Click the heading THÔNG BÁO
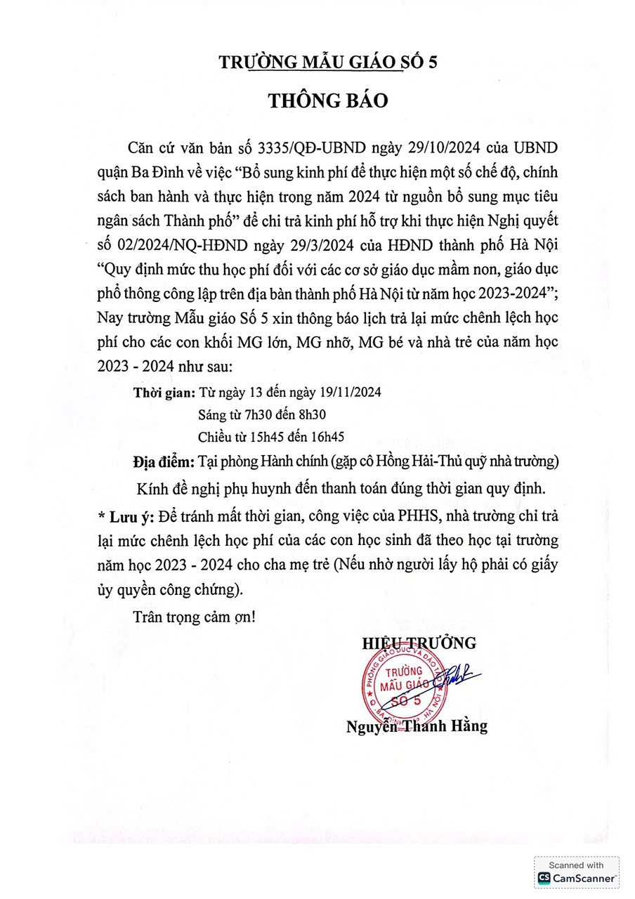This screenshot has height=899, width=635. coord(327,100)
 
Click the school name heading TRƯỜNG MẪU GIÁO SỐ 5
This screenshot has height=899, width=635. coord(328,63)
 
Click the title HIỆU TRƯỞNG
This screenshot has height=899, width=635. coord(419,642)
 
